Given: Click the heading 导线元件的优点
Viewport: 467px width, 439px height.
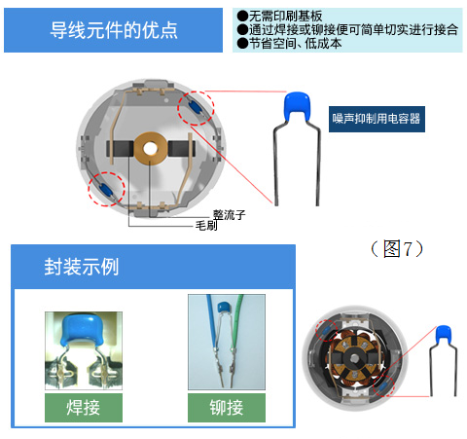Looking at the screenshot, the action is (114, 30).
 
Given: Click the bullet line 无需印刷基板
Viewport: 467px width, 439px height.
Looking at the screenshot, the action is (279, 16).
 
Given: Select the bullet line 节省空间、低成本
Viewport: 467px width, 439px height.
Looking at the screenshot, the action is (289, 43).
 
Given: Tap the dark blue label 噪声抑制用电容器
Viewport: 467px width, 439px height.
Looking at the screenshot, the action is (377, 119).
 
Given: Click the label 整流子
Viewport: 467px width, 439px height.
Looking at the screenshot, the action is (229, 214).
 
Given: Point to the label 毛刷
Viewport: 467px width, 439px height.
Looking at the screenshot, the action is (206, 226).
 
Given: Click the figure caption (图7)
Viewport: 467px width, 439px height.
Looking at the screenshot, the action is (397, 249).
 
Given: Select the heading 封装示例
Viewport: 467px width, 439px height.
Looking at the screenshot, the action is (82, 267).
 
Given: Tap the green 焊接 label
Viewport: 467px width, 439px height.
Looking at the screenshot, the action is (84, 408).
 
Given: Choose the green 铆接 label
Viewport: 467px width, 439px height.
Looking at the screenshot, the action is (227, 408).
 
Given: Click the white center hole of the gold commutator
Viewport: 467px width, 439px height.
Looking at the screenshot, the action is (150, 149).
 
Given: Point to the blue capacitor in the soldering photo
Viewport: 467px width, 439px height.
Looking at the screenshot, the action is (83, 330).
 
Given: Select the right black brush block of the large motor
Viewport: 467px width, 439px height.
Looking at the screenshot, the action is (181, 148).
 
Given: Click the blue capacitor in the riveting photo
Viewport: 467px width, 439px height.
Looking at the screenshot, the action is (223, 307).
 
